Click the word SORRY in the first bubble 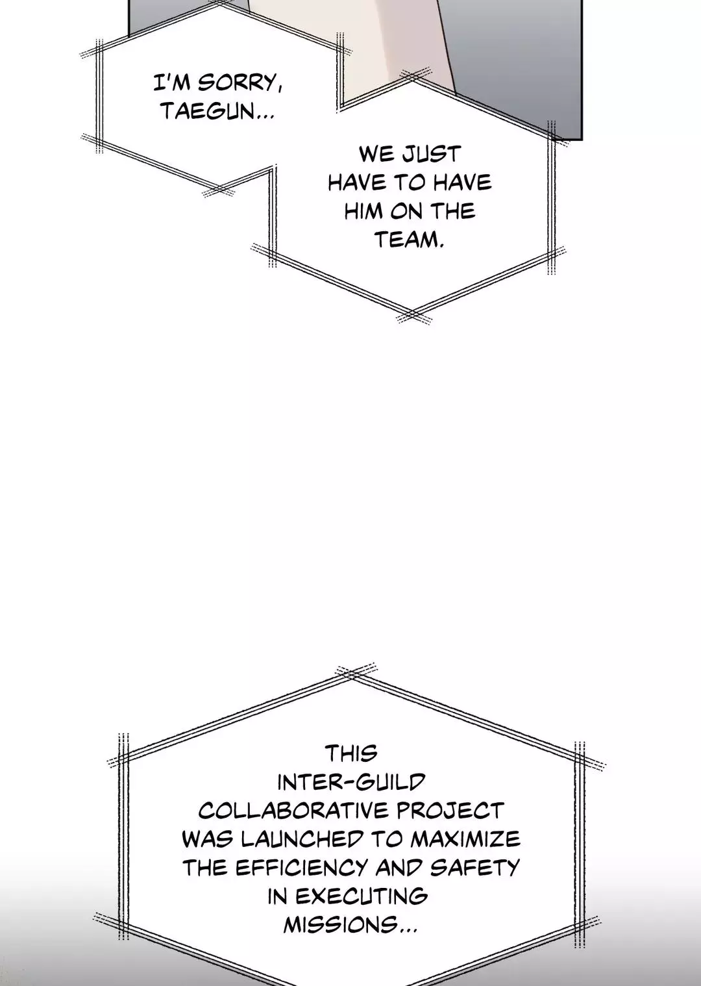tap(239, 83)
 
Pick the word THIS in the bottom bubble tap(351, 753)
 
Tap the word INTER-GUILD tap(351, 782)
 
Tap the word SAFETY tap(474, 868)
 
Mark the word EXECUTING tap(362, 896)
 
